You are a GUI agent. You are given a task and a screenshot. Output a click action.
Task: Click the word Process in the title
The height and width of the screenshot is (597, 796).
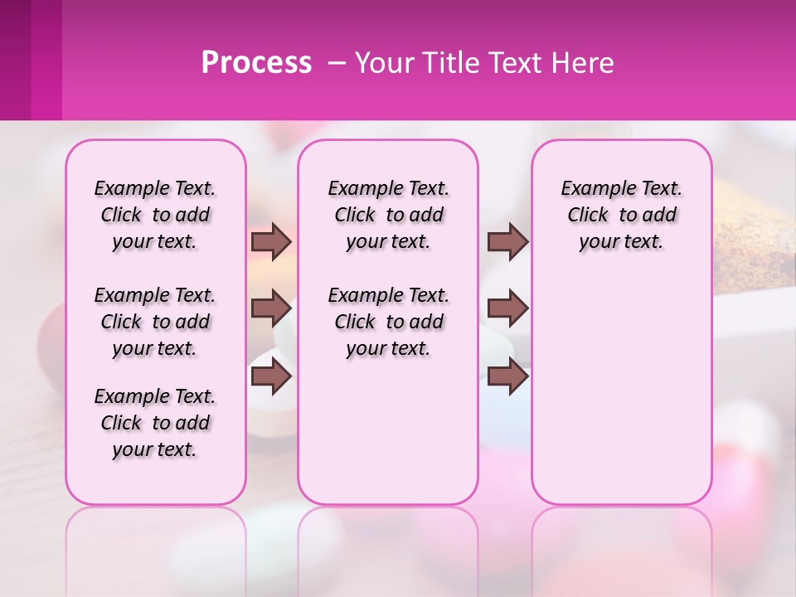256,63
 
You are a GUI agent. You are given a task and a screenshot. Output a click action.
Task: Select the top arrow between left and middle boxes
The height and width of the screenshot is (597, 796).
271,241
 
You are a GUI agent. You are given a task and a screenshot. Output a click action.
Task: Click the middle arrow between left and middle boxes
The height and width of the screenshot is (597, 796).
271,308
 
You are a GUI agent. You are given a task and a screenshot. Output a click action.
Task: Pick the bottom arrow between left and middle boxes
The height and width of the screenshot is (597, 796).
271,376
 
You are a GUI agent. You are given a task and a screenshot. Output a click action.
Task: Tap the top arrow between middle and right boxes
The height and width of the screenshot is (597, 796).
507,241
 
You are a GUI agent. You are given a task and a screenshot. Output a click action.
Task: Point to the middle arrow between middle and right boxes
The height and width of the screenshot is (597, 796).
507,308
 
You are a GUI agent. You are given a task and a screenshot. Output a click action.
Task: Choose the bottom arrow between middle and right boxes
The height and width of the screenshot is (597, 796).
507,376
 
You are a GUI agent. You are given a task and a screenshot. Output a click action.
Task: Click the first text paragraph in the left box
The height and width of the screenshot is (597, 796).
155,215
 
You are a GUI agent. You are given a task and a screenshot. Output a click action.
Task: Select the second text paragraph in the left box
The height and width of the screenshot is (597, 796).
155,322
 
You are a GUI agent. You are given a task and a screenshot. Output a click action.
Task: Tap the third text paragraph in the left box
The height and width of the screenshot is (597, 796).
155,423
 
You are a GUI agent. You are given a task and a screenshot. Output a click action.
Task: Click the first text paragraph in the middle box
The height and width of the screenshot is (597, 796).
388,215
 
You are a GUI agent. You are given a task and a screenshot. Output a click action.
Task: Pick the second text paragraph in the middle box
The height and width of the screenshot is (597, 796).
388,322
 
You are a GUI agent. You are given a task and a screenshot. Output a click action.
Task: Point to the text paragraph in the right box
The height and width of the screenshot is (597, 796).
621,215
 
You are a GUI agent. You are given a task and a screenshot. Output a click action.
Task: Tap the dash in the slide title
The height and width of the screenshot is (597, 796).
337,63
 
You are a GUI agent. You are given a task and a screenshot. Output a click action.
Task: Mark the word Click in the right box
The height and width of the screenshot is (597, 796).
588,216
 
